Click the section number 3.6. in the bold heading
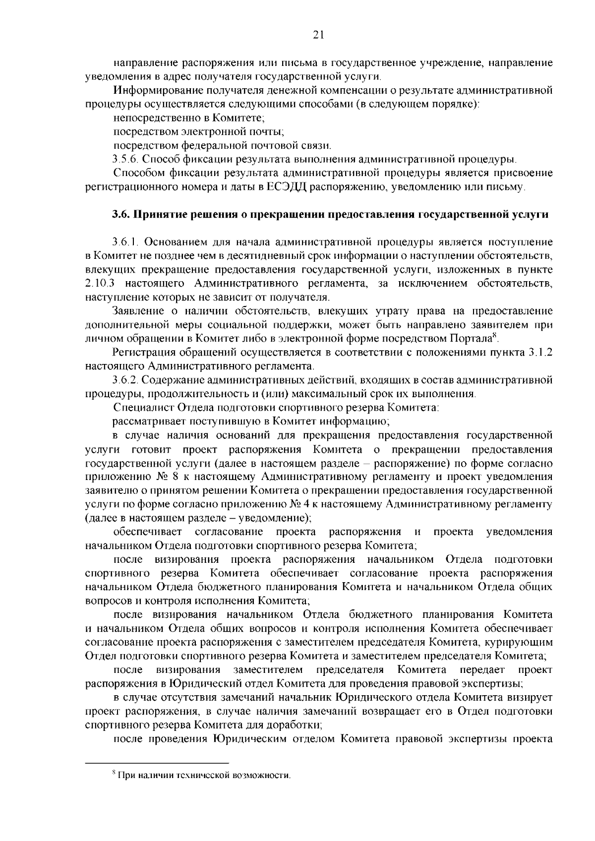tap(119, 215)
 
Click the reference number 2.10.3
tap(102, 284)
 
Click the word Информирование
tap(154, 90)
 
